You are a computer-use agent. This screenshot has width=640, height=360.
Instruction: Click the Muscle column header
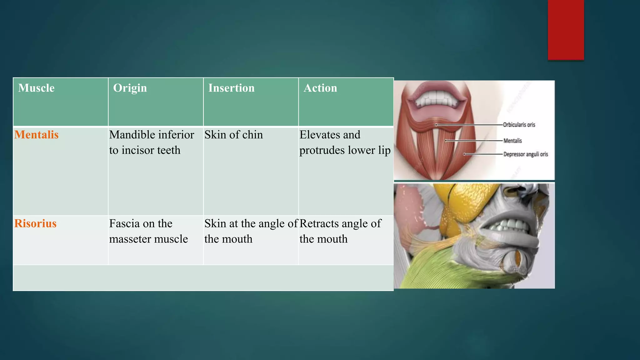(x=36, y=88)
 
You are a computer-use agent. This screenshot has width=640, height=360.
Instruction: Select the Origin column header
(x=130, y=88)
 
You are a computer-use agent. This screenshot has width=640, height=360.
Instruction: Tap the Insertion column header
(x=231, y=88)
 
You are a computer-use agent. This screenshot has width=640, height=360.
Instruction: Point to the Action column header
(x=320, y=88)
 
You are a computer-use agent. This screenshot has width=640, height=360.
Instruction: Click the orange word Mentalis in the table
(x=37, y=135)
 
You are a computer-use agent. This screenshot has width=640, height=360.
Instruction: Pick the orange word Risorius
(x=35, y=223)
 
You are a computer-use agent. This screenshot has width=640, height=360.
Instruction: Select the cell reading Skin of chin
(x=233, y=135)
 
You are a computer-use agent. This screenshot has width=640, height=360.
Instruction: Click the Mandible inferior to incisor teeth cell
(x=152, y=142)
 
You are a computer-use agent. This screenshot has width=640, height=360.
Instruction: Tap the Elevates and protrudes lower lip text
(x=345, y=142)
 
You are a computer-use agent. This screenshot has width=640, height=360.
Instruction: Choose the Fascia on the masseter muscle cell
(x=148, y=231)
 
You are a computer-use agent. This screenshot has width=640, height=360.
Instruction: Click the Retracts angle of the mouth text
(x=340, y=231)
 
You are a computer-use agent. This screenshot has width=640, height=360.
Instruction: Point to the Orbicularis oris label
(x=519, y=125)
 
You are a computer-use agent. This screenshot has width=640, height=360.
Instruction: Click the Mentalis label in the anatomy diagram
(x=512, y=141)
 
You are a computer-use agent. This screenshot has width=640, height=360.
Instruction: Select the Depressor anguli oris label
(x=526, y=154)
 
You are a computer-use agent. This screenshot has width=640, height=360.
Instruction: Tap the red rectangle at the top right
(x=566, y=30)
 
